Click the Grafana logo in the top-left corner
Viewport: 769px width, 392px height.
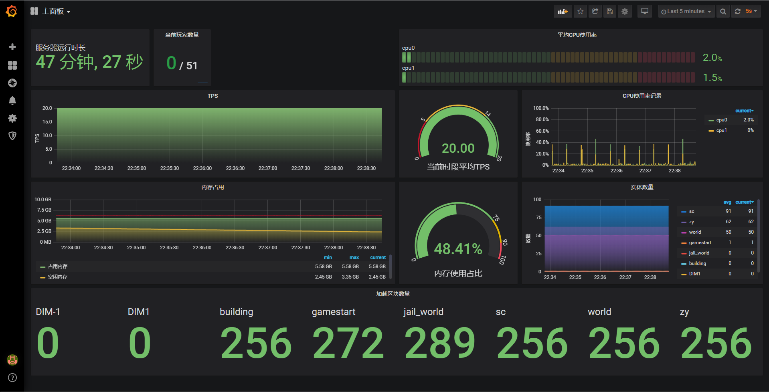(12, 11)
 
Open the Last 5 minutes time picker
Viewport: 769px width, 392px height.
(686, 12)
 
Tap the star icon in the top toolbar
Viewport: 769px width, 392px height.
(580, 12)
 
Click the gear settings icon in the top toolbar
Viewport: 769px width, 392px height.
(625, 12)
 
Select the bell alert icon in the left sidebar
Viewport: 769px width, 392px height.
(12, 101)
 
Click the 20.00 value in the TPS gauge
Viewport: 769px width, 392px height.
(458, 148)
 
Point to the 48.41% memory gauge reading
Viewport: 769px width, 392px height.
(458, 249)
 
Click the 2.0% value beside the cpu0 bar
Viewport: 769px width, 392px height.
(712, 58)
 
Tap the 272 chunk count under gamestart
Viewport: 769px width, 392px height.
(348, 343)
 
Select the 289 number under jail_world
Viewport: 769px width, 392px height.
(440, 343)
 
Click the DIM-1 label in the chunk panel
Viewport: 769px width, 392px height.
(48, 312)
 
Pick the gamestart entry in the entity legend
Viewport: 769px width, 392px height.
(700, 242)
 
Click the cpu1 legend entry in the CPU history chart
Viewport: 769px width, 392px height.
(721, 130)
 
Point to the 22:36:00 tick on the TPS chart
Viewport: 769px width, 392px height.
(202, 168)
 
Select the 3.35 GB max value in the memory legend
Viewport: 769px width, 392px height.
(350, 277)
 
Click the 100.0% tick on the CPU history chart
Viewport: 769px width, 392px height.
(541, 108)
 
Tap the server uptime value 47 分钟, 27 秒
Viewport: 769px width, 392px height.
(89, 62)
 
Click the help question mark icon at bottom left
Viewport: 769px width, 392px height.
(12, 378)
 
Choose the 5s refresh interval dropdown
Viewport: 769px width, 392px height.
(751, 11)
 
